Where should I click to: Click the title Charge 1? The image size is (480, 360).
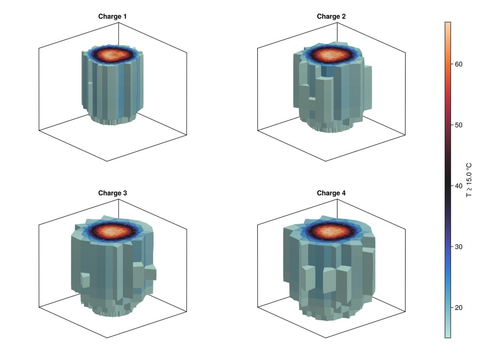pyautogui.click(x=112, y=16)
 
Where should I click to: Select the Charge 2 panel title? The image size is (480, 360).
pyautogui.click(x=331, y=16)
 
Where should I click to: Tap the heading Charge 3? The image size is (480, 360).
pyautogui.click(x=112, y=193)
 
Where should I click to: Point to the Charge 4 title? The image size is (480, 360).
pyautogui.click(x=331, y=193)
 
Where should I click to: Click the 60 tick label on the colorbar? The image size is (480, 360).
pyautogui.click(x=458, y=64)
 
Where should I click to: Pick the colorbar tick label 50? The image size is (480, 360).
pyautogui.click(x=458, y=125)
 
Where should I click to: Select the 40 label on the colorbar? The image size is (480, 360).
pyautogui.click(x=458, y=186)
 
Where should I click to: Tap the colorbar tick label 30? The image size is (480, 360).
pyautogui.click(x=458, y=247)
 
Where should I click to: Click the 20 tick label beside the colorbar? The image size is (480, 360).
pyautogui.click(x=458, y=308)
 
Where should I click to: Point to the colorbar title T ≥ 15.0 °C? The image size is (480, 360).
pyautogui.click(x=469, y=180)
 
